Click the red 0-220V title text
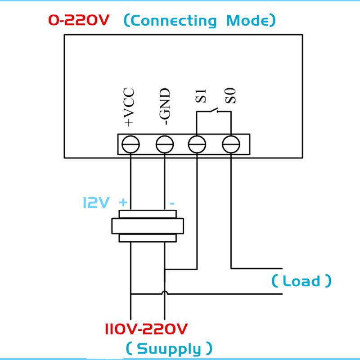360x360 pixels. point(78,20)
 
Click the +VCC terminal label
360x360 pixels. point(129,107)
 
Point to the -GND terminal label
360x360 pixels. point(165,107)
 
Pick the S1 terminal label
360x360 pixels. point(201,96)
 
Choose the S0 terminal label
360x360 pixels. point(230,96)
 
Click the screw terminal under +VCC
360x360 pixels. point(130,144)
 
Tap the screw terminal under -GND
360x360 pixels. point(165,144)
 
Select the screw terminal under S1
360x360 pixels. point(197,144)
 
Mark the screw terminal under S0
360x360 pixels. point(231,144)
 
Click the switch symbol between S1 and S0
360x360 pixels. point(214,110)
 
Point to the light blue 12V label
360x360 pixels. point(96,202)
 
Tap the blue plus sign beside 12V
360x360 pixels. point(123,203)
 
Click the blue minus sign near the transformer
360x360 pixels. point(172,203)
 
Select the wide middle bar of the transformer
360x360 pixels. point(148,226)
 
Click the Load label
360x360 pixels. point(301,280)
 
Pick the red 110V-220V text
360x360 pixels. point(146,329)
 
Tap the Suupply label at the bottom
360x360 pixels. point(169,349)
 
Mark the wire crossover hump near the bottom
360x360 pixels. point(165,292)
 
